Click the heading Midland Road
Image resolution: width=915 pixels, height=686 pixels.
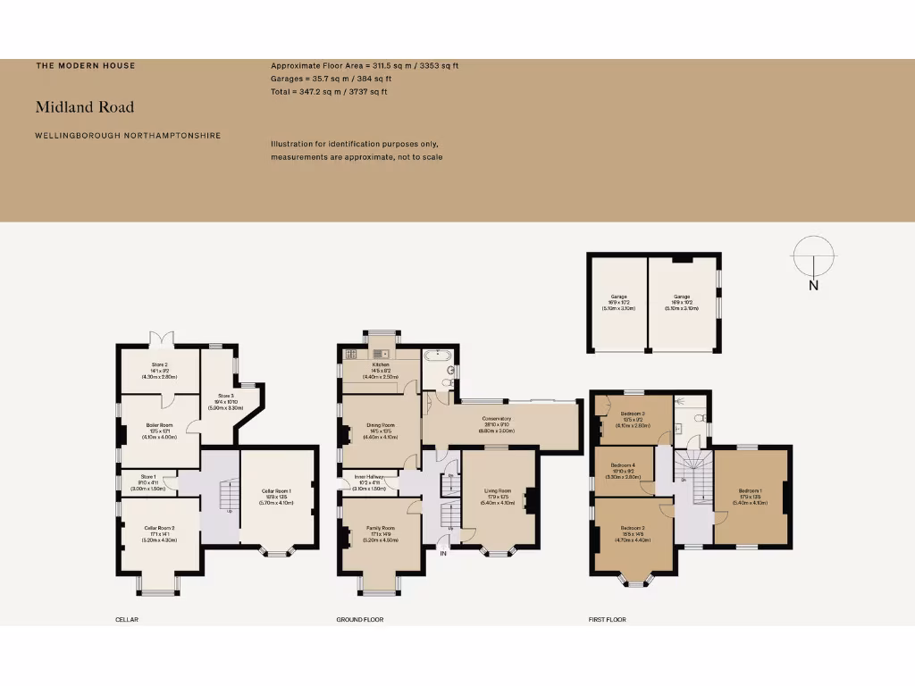(x=85, y=107)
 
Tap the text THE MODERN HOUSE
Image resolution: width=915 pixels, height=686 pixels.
(x=86, y=65)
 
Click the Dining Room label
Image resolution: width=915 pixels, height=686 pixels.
(x=381, y=425)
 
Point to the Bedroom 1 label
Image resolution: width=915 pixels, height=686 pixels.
(x=750, y=490)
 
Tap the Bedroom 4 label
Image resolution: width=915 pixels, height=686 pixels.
(x=622, y=465)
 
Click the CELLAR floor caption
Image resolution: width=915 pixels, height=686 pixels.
(x=127, y=619)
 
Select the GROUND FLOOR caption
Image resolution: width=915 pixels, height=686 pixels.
(x=359, y=619)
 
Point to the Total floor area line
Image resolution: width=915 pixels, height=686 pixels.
(x=329, y=91)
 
